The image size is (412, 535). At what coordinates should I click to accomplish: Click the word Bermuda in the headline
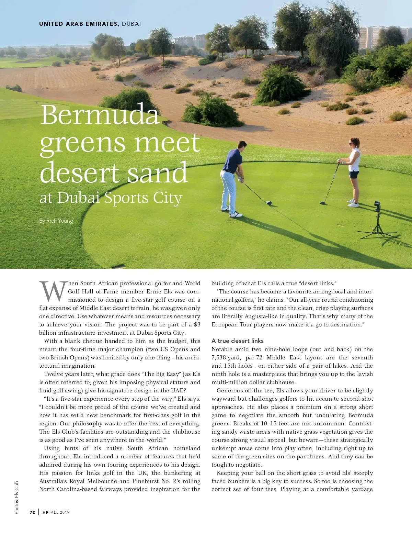[100, 115]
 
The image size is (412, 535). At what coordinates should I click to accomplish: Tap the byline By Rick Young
[56, 221]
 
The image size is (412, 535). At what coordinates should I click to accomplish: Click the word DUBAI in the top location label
[131, 24]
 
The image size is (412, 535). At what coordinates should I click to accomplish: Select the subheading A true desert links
[238, 341]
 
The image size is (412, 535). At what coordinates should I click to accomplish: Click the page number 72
[32, 512]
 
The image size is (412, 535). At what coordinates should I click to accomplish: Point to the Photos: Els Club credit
[16, 497]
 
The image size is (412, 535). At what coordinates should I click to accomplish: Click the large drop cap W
[53, 292]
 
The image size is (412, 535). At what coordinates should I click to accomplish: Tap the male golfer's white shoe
[236, 215]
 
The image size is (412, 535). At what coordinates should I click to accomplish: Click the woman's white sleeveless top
[354, 159]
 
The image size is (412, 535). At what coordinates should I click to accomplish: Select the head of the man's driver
[269, 203]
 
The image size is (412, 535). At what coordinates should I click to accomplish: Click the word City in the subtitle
[168, 198]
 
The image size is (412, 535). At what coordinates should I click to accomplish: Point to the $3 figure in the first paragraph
[197, 324]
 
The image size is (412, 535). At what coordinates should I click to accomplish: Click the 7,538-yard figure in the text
[226, 357]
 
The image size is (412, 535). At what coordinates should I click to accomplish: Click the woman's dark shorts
[354, 174]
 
